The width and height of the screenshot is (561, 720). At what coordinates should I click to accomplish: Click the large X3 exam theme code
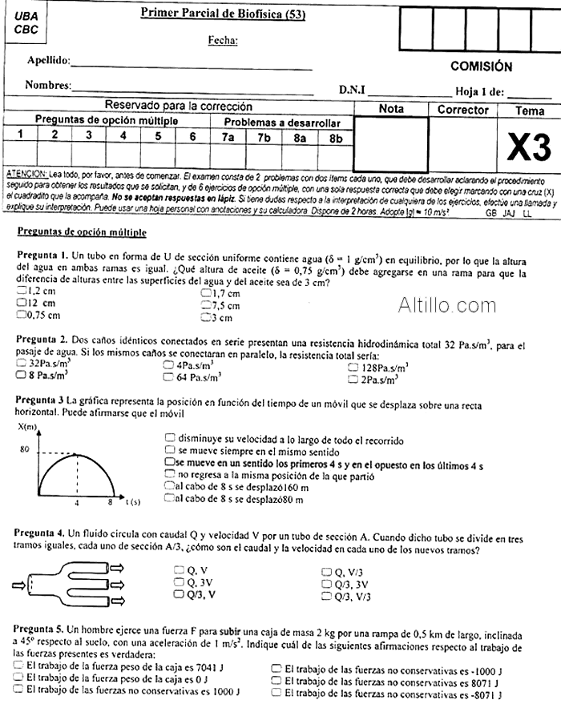point(530,148)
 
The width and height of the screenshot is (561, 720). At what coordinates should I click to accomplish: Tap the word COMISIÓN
point(481,66)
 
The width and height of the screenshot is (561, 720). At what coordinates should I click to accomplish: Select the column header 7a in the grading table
point(228,137)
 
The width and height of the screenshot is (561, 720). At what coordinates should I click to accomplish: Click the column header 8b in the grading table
point(334,137)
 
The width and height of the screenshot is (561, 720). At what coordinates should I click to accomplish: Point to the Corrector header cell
point(462,110)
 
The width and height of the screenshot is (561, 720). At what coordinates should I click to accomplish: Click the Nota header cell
point(391,109)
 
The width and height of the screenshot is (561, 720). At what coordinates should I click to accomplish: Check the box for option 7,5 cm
point(205,305)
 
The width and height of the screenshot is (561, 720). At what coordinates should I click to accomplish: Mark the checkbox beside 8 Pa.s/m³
point(22,374)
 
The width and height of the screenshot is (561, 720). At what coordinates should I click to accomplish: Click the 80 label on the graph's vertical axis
point(24,449)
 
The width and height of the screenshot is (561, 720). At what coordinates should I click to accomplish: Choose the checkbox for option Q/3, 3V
point(326,583)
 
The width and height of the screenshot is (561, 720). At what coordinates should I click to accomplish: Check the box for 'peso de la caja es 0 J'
point(18,678)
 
